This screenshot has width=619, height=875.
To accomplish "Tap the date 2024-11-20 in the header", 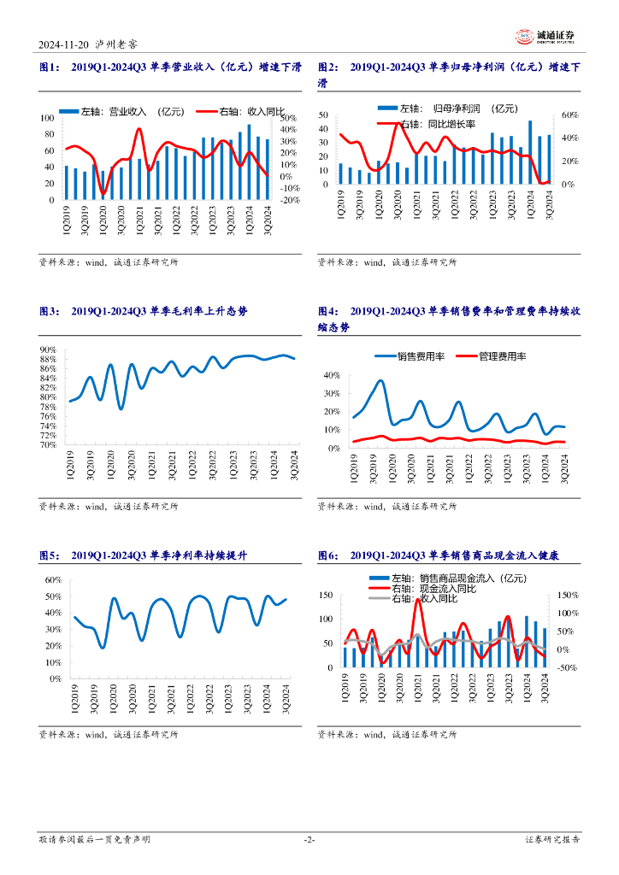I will [63, 45].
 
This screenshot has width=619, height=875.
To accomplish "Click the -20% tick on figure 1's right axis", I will [289, 200].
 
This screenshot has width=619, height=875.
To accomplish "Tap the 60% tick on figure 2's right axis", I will [570, 115].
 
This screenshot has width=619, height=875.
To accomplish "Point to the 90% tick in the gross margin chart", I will [48, 349].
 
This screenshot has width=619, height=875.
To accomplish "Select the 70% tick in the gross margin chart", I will [48, 445].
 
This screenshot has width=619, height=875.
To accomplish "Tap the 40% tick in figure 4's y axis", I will [332, 375].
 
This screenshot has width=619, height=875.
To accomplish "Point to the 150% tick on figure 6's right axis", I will [568, 595].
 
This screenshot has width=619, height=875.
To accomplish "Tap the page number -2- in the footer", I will [309, 840].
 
